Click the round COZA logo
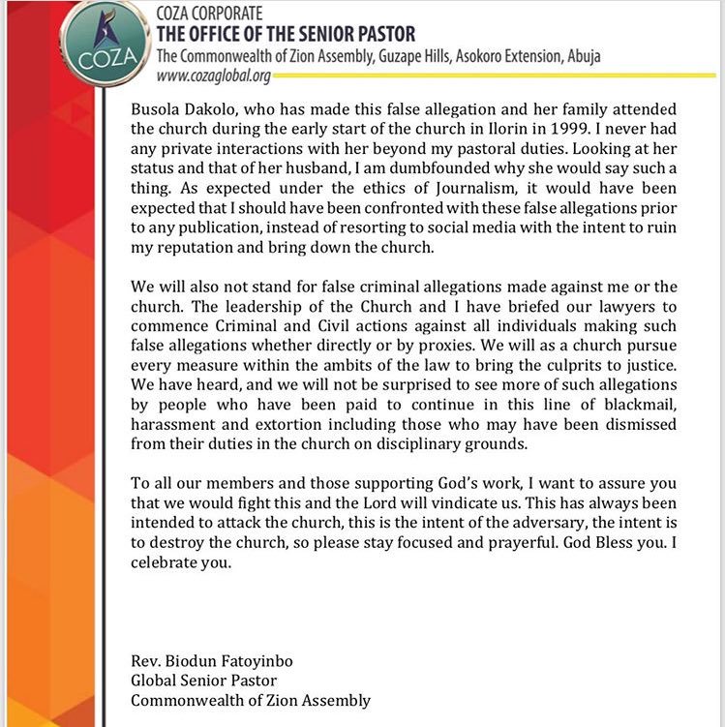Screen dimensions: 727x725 101,43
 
